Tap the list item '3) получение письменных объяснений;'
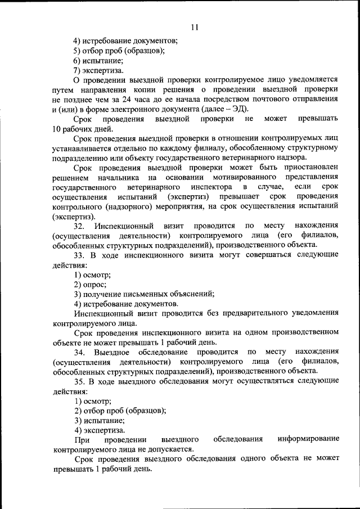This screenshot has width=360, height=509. coord(144,294)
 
